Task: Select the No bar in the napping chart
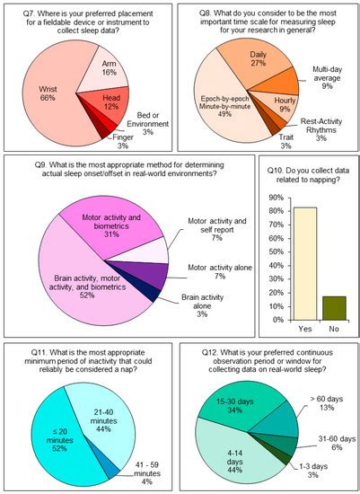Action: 333,308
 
